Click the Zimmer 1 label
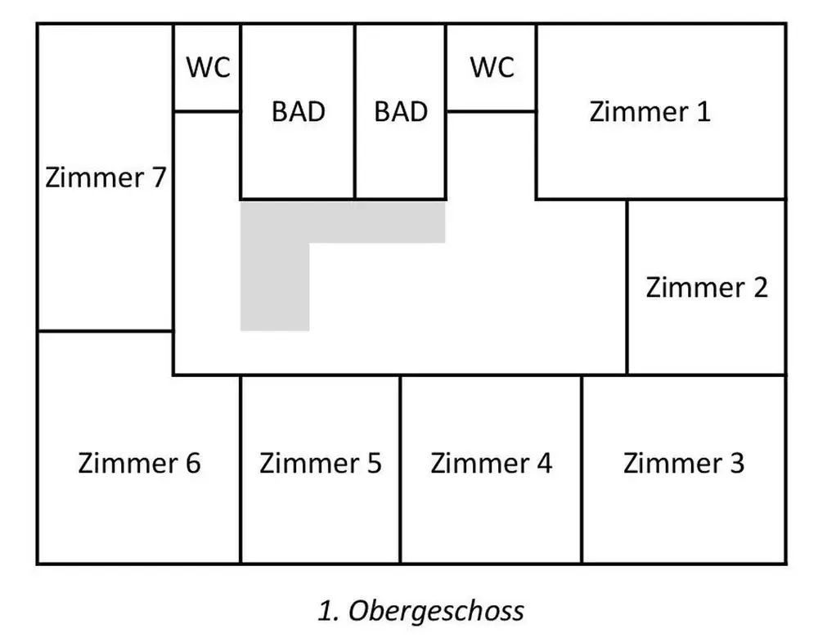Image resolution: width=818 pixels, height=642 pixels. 650,111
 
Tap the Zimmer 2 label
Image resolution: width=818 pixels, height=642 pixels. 707,288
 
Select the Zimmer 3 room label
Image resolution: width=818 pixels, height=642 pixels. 684,464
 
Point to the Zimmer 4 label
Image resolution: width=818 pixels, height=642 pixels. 491,464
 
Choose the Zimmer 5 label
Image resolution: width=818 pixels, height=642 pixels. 320,464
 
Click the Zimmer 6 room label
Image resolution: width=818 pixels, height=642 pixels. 139,464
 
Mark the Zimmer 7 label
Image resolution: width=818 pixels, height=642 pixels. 106,177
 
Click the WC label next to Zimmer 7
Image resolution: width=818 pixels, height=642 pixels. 208,68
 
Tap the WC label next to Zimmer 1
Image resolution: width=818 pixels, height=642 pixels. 492,68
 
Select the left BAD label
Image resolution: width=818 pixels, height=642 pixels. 298,111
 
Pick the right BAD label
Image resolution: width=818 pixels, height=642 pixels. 401,111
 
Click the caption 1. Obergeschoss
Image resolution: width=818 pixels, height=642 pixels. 420,610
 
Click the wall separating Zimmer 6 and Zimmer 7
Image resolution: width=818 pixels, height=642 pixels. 105,331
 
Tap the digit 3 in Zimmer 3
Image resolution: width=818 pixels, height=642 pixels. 736,464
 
